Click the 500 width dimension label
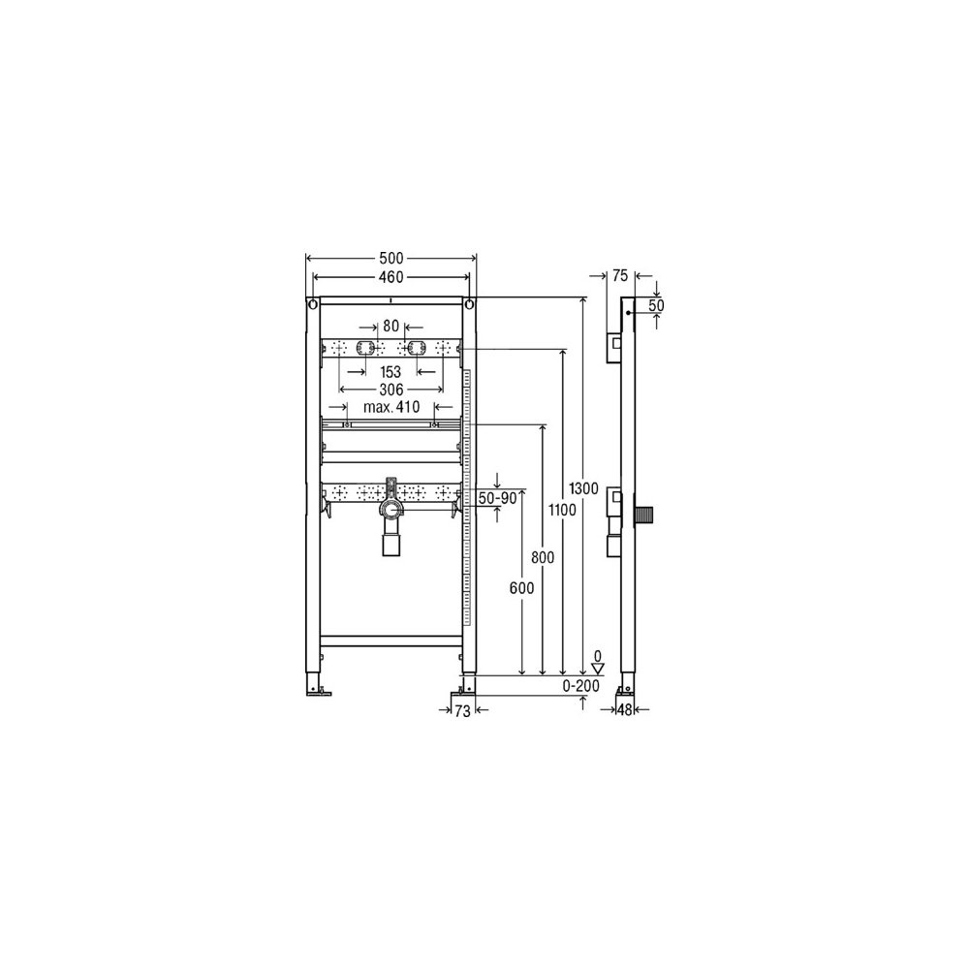[391, 259]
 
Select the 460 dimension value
[391, 277]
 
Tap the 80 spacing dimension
[391, 326]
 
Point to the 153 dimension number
[391, 372]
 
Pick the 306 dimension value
[391, 390]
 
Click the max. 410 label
[391, 407]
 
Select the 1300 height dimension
[583, 488]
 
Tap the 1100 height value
[562, 510]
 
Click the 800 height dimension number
[543, 557]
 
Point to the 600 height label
[521, 588]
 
